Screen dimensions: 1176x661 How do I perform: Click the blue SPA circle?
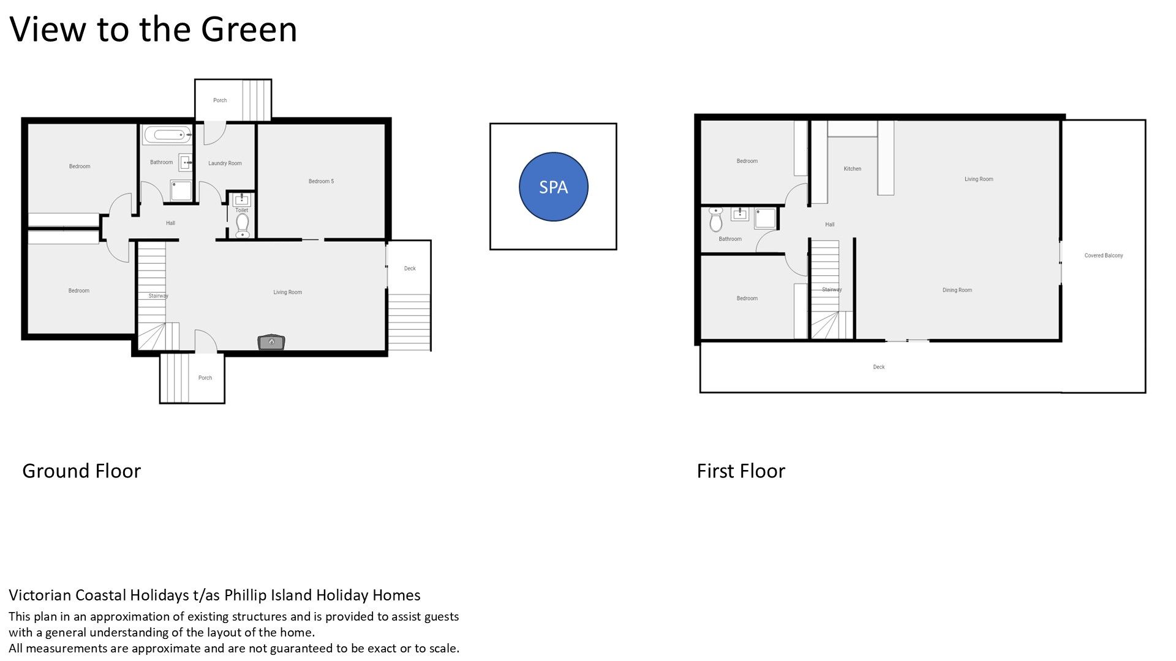553,187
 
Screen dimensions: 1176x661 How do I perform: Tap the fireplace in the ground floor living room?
271,342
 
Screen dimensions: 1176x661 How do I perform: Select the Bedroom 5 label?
321,181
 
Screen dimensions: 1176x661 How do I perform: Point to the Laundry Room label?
225,163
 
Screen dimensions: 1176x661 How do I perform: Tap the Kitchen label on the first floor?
852,169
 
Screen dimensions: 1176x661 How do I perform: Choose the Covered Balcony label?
1104,256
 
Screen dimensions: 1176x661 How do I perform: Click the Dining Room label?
957,290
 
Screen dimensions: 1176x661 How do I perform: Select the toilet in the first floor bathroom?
716,220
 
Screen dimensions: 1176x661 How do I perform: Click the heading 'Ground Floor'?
81,471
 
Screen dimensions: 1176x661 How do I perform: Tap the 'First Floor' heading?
741,471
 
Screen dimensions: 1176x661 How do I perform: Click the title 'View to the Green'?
153,29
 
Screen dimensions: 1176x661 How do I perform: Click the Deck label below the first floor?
878,367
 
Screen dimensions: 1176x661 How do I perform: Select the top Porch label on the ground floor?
220,100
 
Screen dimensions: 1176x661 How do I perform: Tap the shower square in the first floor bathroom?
766,218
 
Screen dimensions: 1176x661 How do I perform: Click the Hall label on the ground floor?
170,223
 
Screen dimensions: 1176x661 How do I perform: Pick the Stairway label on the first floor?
832,289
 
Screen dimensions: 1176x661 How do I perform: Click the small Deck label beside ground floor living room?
410,269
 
